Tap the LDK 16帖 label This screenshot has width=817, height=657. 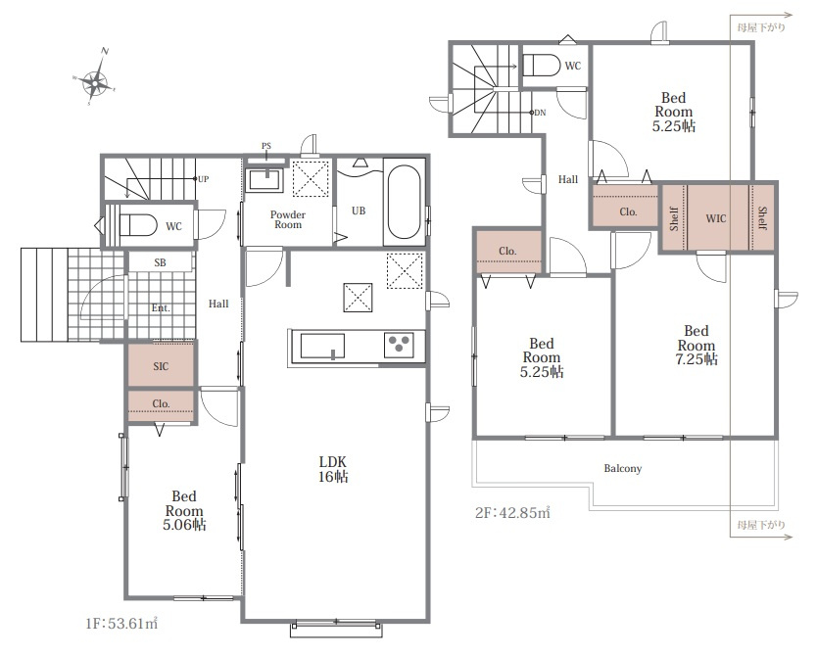click(333, 469)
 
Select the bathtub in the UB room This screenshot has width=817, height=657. click(405, 202)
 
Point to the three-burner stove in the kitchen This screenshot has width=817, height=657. click(399, 345)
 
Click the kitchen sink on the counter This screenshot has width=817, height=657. click(322, 347)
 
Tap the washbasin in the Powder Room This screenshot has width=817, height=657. click(264, 179)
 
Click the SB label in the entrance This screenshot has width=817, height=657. click(160, 263)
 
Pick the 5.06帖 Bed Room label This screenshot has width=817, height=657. click(184, 510)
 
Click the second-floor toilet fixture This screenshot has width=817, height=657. click(541, 66)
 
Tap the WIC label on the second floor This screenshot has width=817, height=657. click(715, 218)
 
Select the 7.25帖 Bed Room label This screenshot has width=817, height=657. click(697, 345)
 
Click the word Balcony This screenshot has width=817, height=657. click(623, 468)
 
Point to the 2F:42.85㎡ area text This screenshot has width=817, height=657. click(512, 512)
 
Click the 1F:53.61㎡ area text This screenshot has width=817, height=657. click(121, 623)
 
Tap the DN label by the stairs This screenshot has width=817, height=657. click(540, 113)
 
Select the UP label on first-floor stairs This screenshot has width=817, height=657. click(203, 179)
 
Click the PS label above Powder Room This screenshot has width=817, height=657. click(266, 146)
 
